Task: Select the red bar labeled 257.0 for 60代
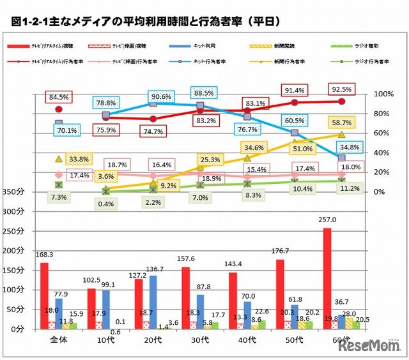327,278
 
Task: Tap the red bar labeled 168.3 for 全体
44,296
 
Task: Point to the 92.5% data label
341,87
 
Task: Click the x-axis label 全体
59,340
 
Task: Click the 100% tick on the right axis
383,94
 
